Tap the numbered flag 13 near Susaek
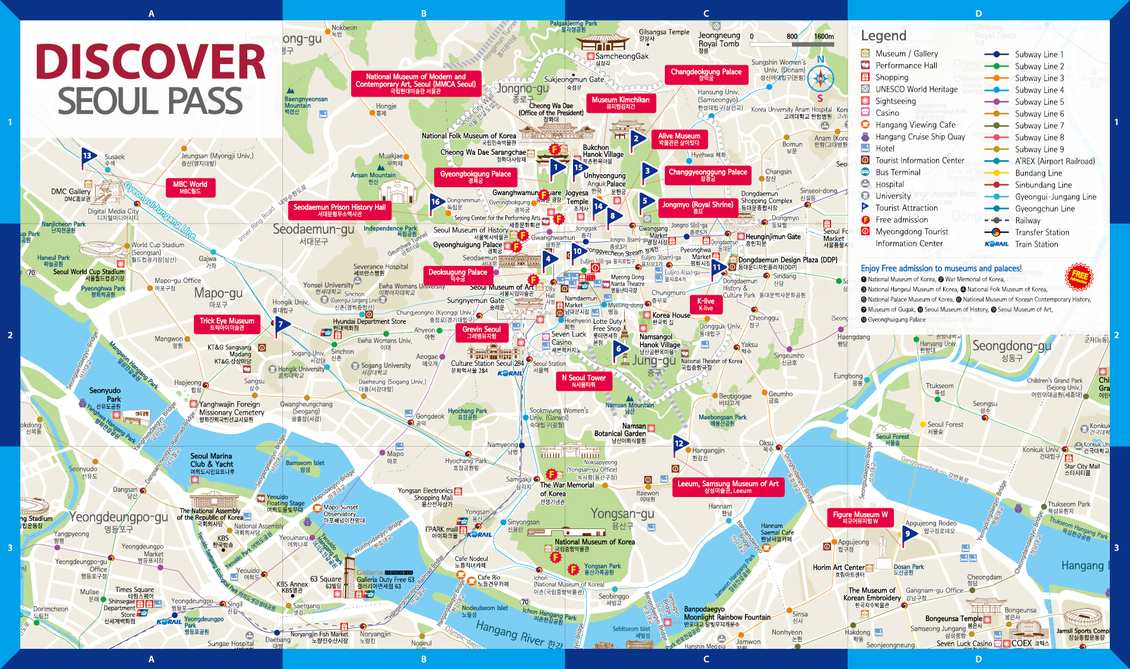88,157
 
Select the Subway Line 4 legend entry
1039,90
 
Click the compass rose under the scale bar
820,78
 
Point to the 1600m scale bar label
823,36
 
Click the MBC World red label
190,187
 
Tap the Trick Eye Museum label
227,324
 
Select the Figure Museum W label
860,518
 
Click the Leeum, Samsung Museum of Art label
728,487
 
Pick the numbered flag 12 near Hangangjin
680,444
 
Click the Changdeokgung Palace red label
706,75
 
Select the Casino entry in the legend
887,113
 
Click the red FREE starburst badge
1079,276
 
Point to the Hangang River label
519,635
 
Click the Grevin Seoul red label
481,332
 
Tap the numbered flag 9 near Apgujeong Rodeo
909,534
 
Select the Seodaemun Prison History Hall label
339,210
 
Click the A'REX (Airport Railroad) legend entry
1054,161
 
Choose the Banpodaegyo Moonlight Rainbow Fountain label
727,617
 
